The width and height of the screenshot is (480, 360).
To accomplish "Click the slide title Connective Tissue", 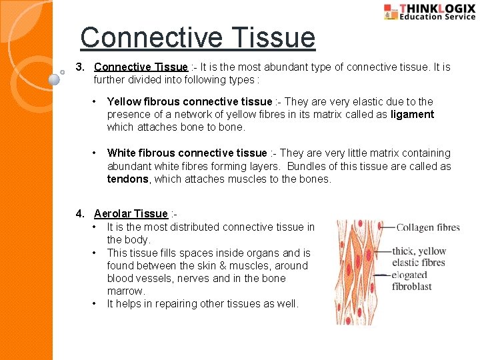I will [197, 37].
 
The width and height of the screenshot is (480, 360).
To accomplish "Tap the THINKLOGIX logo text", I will [437, 8].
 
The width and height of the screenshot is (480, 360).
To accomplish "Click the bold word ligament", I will [412, 115].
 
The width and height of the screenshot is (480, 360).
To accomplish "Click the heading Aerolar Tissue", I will [131, 213].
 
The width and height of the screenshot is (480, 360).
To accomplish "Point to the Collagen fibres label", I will [428, 227].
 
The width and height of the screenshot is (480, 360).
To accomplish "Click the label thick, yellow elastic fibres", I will [419, 257].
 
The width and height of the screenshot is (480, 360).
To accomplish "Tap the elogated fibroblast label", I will [412, 280].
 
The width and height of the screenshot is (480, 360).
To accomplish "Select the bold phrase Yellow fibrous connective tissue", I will [189, 102].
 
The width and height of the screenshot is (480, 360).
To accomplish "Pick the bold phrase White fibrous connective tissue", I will [187, 153].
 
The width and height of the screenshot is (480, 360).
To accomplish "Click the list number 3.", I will [80, 67].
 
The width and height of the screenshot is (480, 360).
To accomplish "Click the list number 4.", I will [80, 213].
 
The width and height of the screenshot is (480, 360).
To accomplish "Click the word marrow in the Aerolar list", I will [125, 291].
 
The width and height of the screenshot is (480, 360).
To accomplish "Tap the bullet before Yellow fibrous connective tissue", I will [96, 102].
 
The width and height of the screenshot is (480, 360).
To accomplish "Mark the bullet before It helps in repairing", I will [96, 304].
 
